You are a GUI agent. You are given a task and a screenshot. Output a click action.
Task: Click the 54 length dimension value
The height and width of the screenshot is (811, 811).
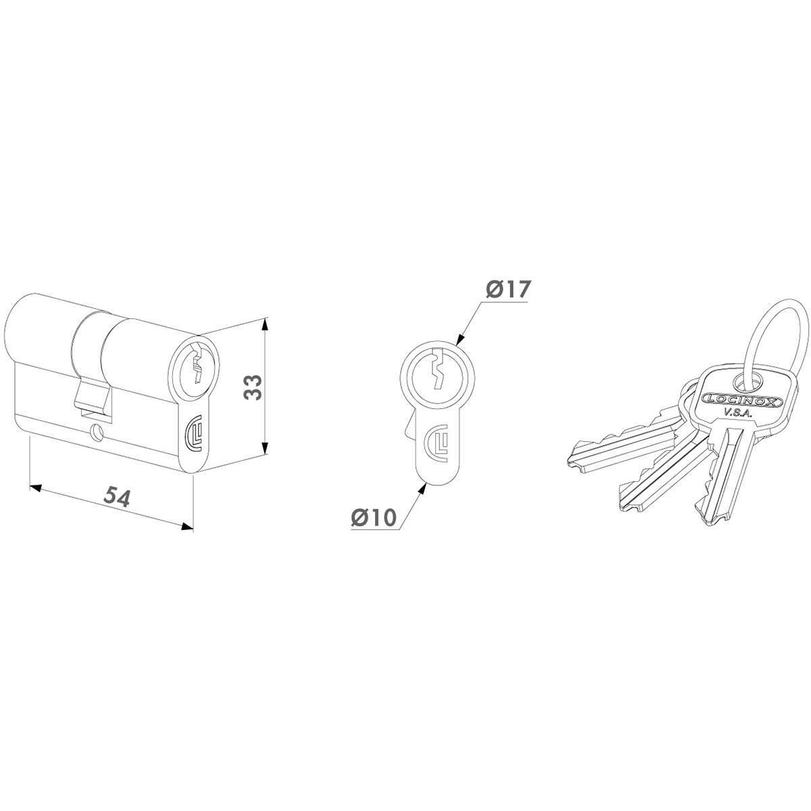pos(118,497)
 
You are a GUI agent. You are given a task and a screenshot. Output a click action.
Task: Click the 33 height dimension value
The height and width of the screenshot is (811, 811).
pos(253,387)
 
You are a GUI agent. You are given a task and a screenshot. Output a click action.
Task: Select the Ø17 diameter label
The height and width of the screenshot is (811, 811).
pos(506,289)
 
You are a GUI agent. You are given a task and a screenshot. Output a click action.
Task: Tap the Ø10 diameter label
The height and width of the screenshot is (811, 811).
pos(374,517)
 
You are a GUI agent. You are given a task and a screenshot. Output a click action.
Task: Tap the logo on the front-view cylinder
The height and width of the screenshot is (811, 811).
pos(439,440)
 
